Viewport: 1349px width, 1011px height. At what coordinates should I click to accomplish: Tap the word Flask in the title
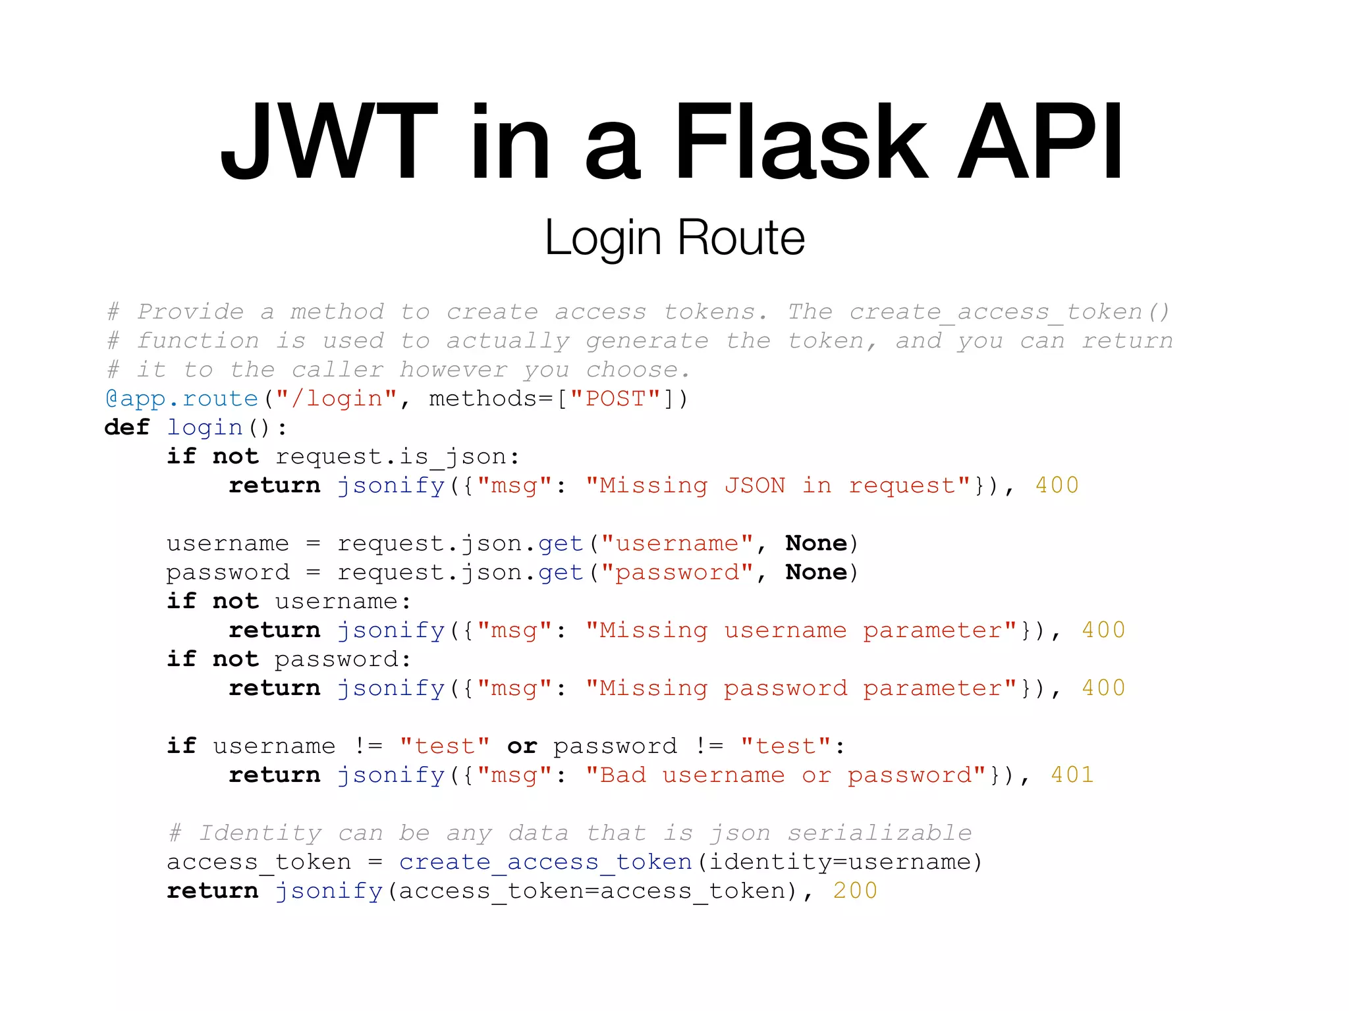pos(800,142)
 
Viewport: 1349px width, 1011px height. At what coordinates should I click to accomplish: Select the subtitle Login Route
pos(674,238)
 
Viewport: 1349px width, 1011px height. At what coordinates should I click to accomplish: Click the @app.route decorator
pos(182,399)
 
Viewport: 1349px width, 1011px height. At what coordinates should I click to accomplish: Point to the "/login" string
pos(337,399)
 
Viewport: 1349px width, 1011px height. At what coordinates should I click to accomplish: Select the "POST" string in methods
pos(615,399)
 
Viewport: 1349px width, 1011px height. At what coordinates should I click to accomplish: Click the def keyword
pos(127,428)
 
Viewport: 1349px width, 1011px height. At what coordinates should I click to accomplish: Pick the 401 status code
pos(1072,775)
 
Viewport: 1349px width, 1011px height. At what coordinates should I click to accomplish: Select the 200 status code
pos(855,891)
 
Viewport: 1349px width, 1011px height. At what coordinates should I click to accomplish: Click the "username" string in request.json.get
pos(677,544)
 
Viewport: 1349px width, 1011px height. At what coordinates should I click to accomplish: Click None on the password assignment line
pos(816,573)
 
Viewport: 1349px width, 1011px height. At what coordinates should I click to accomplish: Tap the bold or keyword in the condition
pos(522,746)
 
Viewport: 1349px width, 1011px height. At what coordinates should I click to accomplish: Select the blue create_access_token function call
pos(545,862)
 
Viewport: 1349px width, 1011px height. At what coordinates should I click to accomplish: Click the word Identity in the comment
pos(261,833)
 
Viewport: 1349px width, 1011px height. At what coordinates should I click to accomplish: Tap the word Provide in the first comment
pos(190,312)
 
